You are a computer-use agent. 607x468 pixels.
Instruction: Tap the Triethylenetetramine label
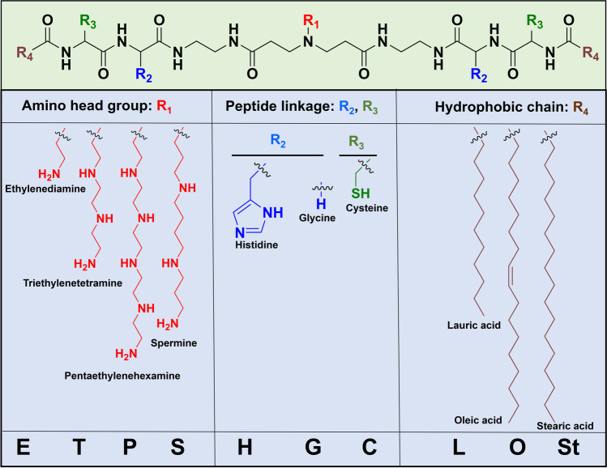pos(72,283)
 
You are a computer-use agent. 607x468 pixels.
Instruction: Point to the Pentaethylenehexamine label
pos(112,377)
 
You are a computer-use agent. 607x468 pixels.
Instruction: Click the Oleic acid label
pos(478,419)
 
